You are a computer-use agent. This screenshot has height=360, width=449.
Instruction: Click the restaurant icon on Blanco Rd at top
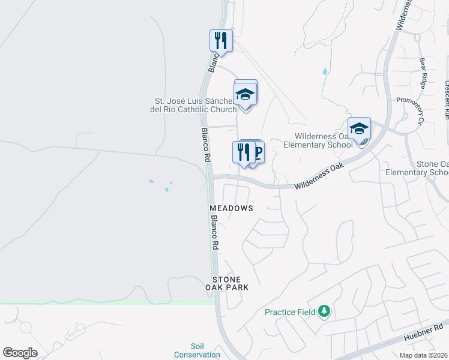[x=221, y=41]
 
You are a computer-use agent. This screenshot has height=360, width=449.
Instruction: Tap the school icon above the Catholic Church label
[x=246, y=94]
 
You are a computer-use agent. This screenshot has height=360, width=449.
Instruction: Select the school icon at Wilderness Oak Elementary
[x=359, y=129]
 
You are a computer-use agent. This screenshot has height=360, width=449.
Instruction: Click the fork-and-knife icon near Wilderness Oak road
[x=243, y=152]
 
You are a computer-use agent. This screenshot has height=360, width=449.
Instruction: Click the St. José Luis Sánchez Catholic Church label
[x=196, y=105]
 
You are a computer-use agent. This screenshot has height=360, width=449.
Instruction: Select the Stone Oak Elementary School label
[x=432, y=168]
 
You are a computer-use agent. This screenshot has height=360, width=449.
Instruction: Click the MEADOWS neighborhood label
[x=231, y=208]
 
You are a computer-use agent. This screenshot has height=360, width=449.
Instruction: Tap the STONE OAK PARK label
[x=227, y=284]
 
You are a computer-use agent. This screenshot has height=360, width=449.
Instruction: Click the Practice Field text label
[x=291, y=312]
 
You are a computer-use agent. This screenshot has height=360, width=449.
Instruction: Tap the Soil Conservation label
[x=197, y=350]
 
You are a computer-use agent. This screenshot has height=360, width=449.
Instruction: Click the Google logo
[x=20, y=352]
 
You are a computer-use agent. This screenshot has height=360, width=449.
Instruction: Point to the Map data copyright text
[x=423, y=355]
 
